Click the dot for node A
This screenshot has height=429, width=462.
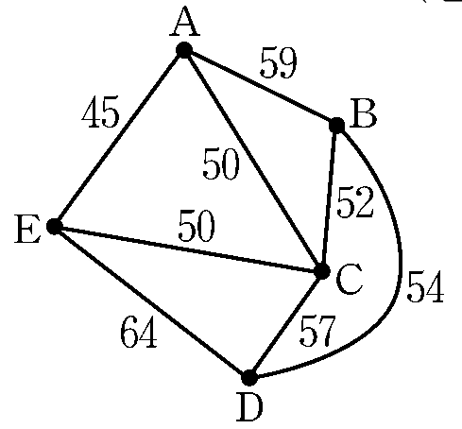point(184,50)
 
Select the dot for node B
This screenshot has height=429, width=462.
point(336,125)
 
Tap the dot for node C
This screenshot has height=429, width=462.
point(322,271)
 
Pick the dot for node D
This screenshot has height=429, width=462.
point(249,377)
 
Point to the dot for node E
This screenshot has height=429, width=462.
point(54,227)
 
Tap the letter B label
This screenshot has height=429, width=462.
point(365,113)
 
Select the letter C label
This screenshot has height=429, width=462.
point(350,279)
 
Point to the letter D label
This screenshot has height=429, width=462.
point(249,407)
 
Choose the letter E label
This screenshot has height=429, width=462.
point(27,229)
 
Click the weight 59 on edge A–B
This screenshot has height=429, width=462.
point(279,63)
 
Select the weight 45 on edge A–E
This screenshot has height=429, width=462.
point(101,112)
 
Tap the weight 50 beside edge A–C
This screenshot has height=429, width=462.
point(221,163)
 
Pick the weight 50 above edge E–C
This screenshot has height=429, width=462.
point(197,226)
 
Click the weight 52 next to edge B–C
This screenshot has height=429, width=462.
point(355,202)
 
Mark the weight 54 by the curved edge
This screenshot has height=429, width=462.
point(425,286)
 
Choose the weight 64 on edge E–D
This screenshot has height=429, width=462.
point(139,332)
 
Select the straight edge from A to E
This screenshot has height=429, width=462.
point(119,138)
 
